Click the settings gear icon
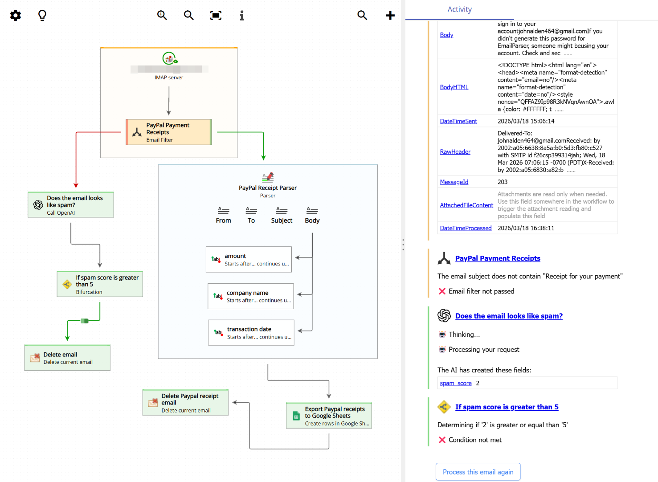(x=16, y=16)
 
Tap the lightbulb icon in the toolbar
(x=42, y=16)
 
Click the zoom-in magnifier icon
(x=162, y=16)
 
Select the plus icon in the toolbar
(x=390, y=16)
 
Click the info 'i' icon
(x=242, y=16)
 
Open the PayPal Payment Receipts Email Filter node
(x=168, y=132)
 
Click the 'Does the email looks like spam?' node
(x=71, y=205)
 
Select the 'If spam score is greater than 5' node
(x=100, y=284)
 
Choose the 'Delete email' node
(x=67, y=358)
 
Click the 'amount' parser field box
(x=249, y=259)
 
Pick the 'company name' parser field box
(x=250, y=296)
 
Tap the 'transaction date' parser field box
(x=251, y=333)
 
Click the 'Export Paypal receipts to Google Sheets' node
(x=329, y=416)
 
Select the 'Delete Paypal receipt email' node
(x=185, y=403)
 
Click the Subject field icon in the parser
(x=282, y=211)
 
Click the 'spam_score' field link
(x=455, y=383)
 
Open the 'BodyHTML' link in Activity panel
(x=454, y=87)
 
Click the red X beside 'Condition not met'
(x=442, y=440)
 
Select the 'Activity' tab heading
(x=459, y=9)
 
